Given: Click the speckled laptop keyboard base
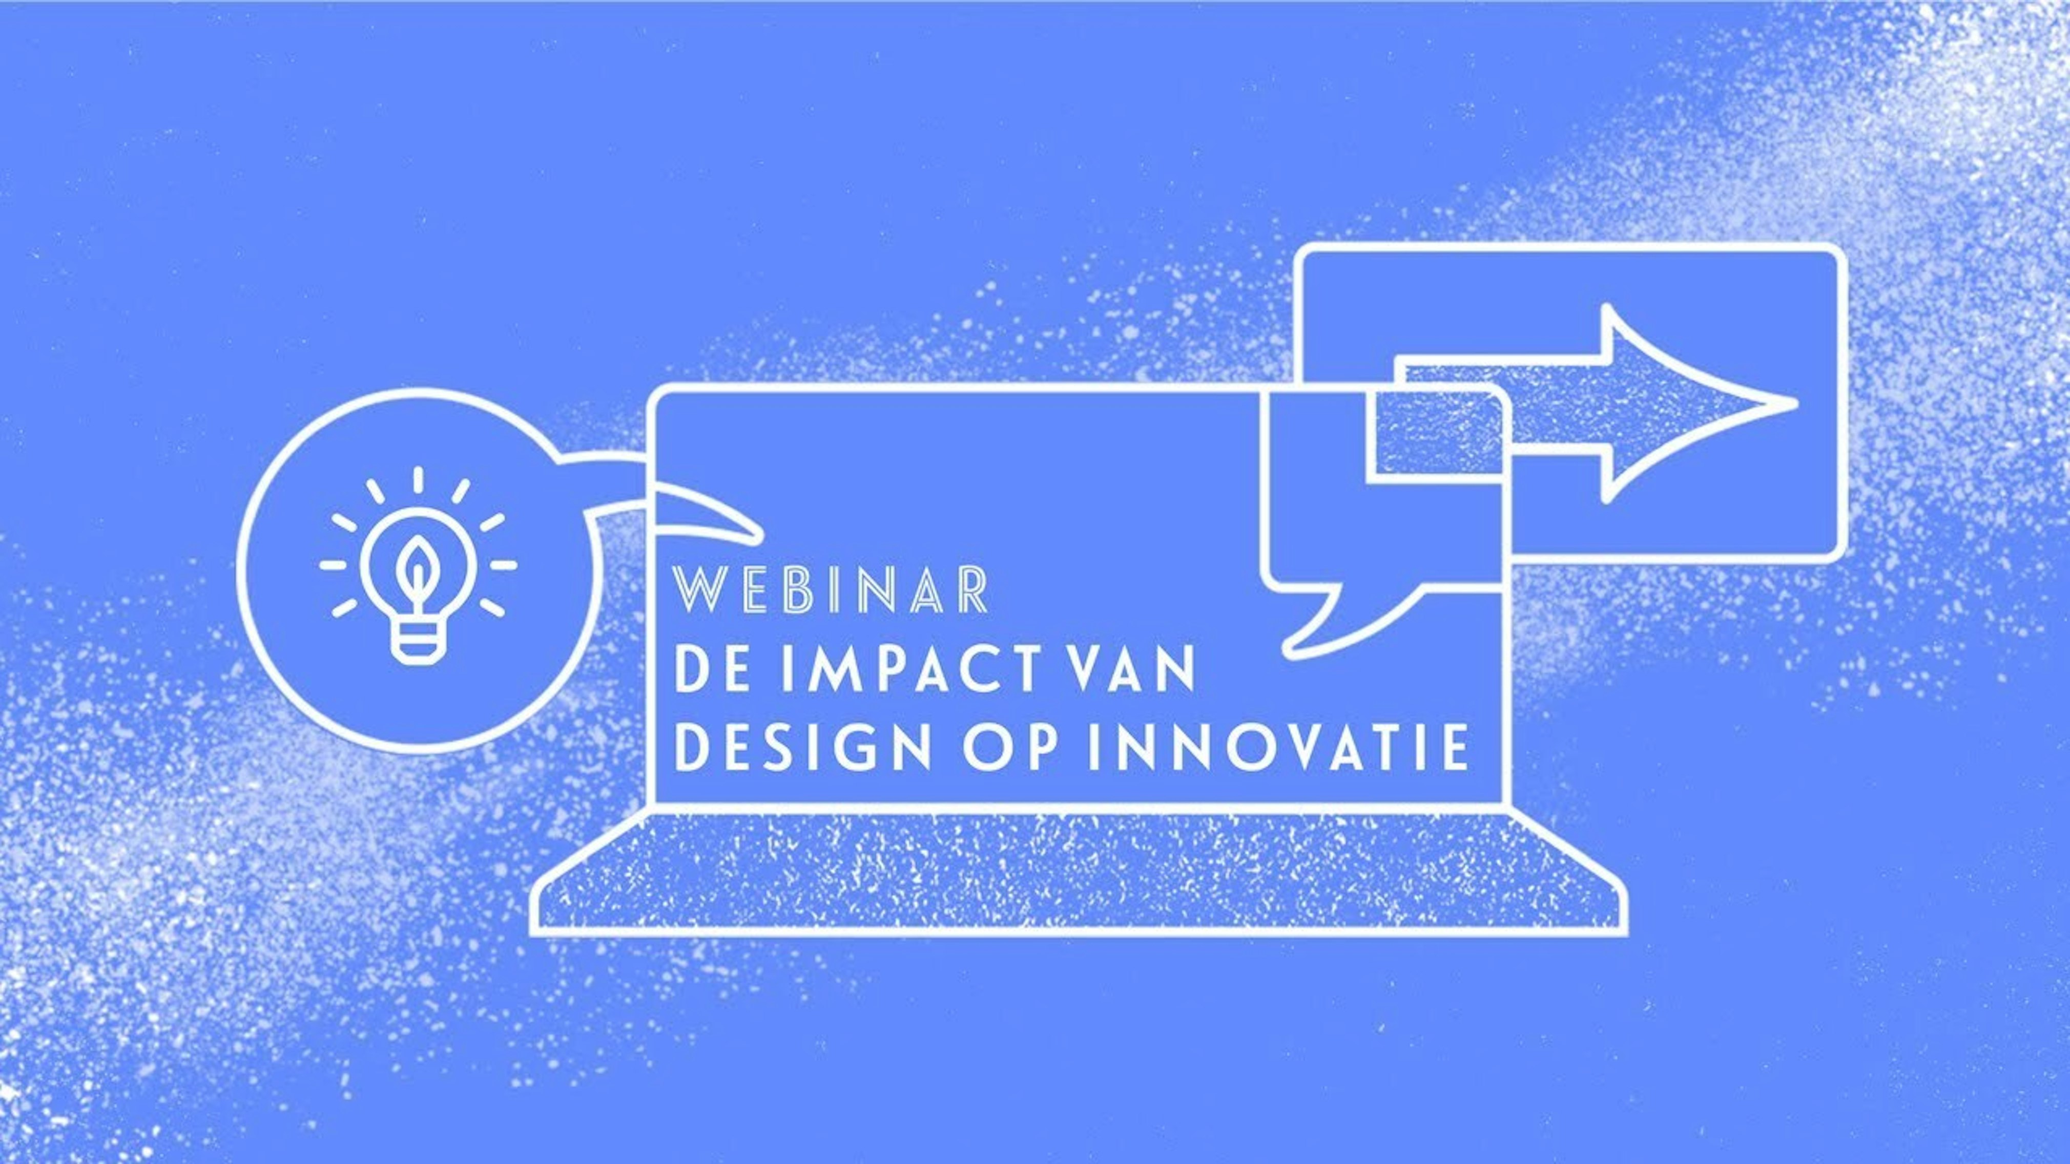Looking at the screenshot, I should pos(1077,876).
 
